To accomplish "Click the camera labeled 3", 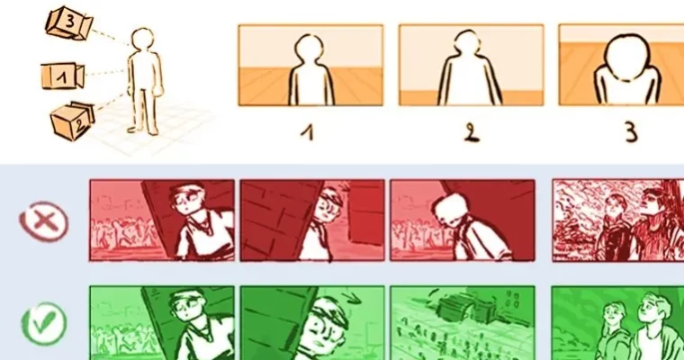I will tap(67, 23).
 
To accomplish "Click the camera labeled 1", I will tap(61, 76).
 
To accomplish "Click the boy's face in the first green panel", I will tap(187, 311).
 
